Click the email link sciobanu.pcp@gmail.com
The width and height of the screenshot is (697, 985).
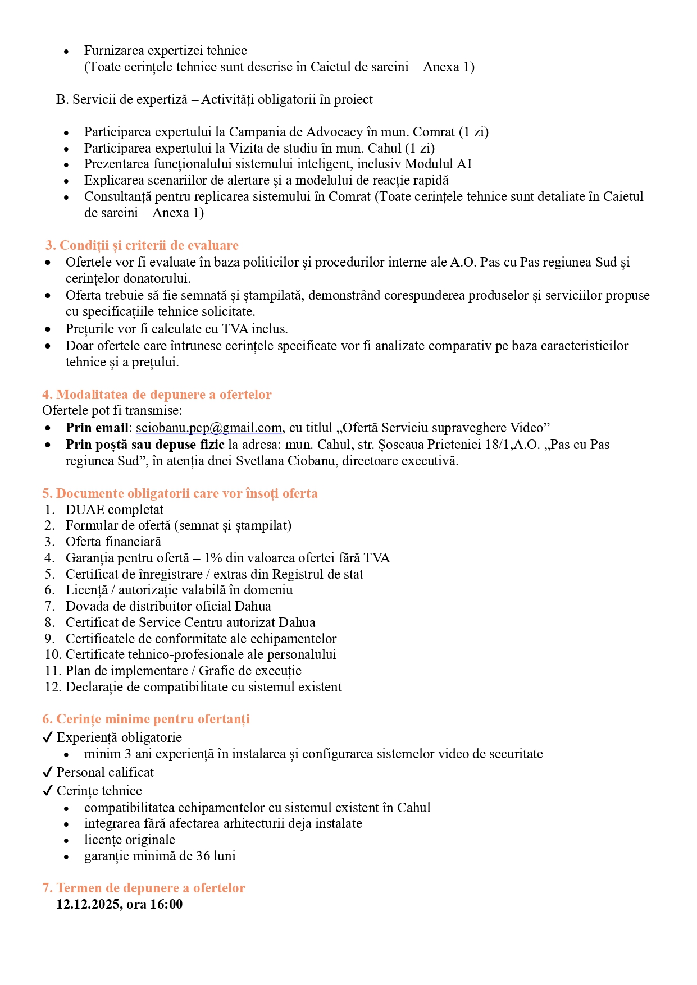pos(209,428)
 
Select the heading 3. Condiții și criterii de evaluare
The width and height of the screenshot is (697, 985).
pos(142,245)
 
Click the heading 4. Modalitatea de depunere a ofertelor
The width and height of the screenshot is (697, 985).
pos(157,395)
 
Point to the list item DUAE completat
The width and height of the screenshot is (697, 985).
pos(114,510)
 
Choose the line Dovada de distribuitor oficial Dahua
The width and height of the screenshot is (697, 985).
pos(168,606)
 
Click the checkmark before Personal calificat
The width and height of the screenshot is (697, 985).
pos(48,772)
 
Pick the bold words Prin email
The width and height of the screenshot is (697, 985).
pos(97,428)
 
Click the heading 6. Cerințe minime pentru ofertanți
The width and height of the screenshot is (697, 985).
pos(146,719)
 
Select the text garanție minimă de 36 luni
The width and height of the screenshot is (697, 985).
pos(160,856)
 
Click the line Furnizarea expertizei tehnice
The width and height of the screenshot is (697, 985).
pos(165,51)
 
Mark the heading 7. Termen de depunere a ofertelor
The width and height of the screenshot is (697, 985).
pos(144,888)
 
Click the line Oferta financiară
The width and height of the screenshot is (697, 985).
pos(113,542)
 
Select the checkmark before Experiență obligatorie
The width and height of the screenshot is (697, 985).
pos(48,737)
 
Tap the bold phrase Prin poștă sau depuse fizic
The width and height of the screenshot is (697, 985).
pos(145,445)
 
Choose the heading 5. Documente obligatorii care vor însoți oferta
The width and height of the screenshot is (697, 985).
pos(180,493)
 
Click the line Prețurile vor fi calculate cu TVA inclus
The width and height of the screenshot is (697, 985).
pos(176,329)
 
